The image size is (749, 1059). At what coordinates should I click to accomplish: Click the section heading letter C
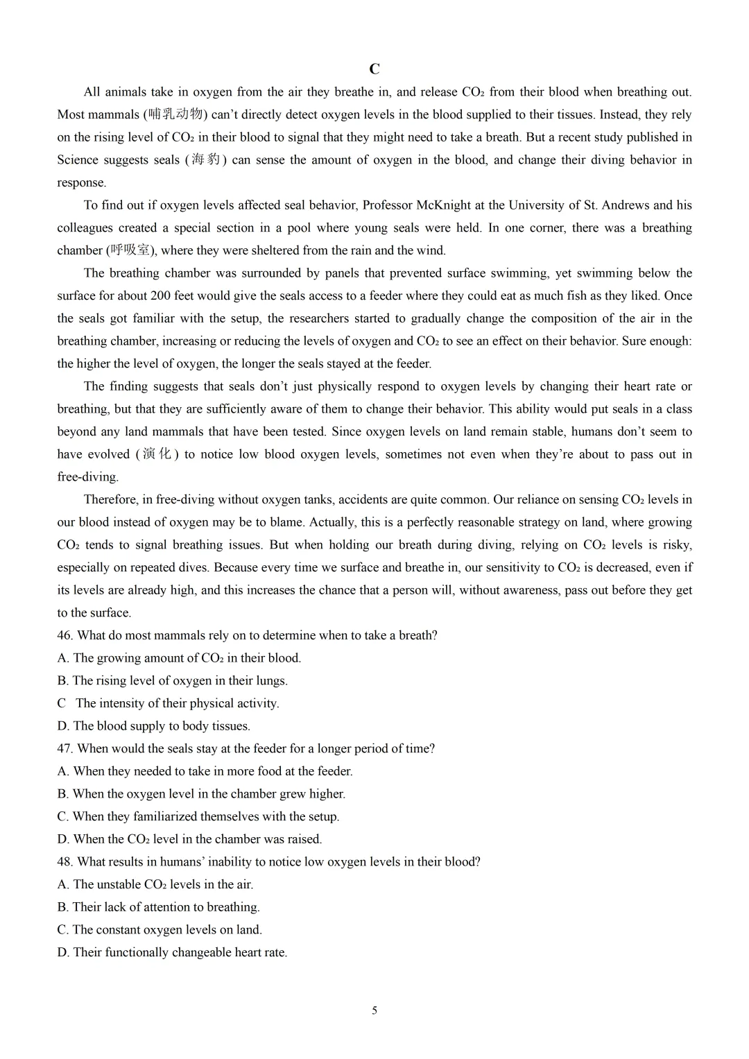coord(374,69)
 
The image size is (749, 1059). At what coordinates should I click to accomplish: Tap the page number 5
coord(374,1010)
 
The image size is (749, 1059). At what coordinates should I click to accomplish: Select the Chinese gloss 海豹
coord(205,160)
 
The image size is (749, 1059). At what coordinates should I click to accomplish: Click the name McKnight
coord(444,205)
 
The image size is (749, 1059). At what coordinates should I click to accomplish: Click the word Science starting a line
coord(78,160)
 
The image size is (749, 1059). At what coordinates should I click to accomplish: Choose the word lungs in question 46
coord(270,681)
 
